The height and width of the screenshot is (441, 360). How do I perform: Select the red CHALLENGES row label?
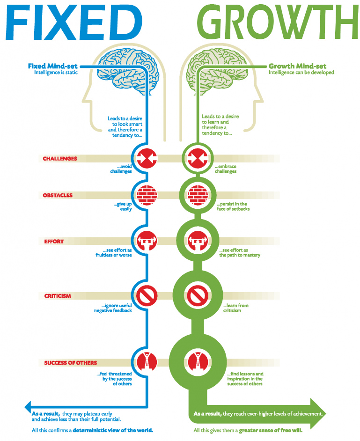[60, 159]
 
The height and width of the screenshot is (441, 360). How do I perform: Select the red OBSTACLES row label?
[58, 195]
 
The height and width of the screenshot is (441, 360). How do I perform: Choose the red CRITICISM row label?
[58, 296]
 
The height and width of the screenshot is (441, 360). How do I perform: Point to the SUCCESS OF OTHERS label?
[71, 363]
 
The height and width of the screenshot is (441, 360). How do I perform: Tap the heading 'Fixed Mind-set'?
[52, 66]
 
